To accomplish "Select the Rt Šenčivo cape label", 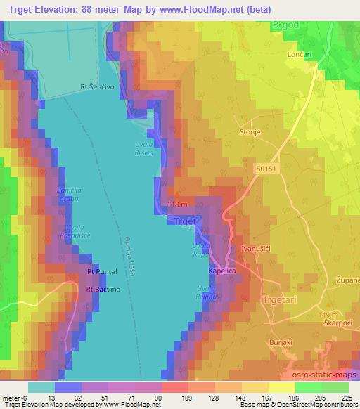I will [98, 88].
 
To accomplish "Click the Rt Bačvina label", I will [103, 289].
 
